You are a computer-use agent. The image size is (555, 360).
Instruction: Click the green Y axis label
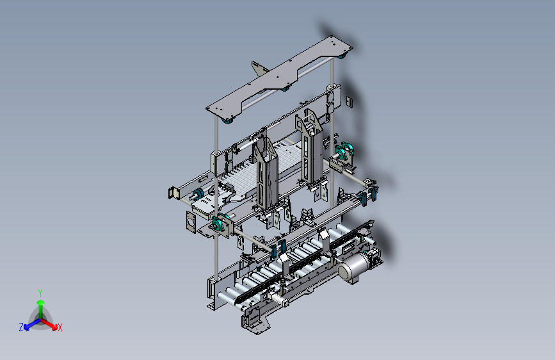[x=40, y=293]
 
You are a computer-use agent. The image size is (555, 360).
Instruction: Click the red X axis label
[x=60, y=328]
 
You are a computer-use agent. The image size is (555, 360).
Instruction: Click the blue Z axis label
[x=21, y=327]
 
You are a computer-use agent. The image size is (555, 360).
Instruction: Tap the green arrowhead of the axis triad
[x=41, y=303]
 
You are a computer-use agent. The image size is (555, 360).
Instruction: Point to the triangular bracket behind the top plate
[x=260, y=68]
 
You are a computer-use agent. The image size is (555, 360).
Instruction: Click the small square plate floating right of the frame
[x=350, y=102]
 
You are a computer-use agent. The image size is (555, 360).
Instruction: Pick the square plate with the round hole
[x=191, y=222]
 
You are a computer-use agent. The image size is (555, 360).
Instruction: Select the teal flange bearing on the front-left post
[x=219, y=225]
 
